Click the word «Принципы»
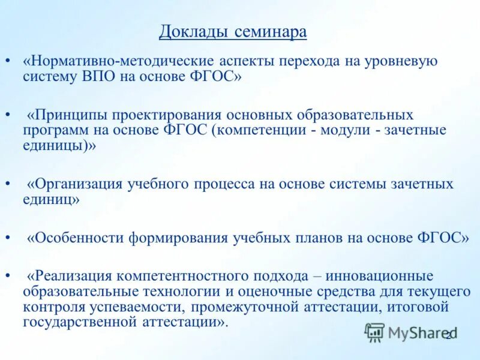click(x=70, y=115)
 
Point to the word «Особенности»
click(x=76, y=238)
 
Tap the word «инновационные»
click(x=381, y=276)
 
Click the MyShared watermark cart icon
click(x=374, y=332)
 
